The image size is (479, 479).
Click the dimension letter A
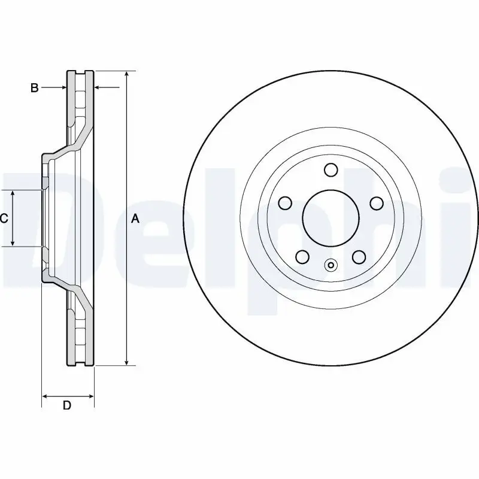pos(135,219)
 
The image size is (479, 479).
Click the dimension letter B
pos(35,88)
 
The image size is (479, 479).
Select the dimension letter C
pos(4,219)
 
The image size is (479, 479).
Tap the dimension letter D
pos(67,405)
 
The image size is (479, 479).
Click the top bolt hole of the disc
pos(331,170)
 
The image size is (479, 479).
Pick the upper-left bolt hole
pos(285,204)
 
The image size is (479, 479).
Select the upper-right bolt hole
pos(376,204)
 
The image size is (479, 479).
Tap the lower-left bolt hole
pos(302,257)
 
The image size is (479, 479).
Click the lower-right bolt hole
pos(359,257)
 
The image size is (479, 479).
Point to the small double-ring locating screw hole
pos(331,265)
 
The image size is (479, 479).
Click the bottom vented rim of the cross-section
pos(80,335)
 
